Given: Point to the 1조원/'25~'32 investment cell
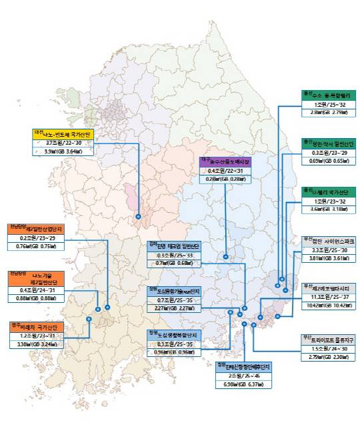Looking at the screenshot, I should tap(328, 105).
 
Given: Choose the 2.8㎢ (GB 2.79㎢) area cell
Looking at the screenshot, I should tap(328, 114).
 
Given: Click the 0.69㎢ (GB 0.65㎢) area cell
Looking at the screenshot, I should tap(328, 161).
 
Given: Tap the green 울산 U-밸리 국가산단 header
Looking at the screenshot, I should tap(328, 192).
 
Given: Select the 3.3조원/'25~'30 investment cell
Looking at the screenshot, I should tap(328, 250).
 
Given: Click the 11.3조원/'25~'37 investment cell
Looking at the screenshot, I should tap(328, 296).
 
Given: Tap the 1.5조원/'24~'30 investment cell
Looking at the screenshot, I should tap(328, 349).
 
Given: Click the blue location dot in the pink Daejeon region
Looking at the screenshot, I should tap(138, 216).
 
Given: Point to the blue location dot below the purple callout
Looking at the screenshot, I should tap(226, 257).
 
